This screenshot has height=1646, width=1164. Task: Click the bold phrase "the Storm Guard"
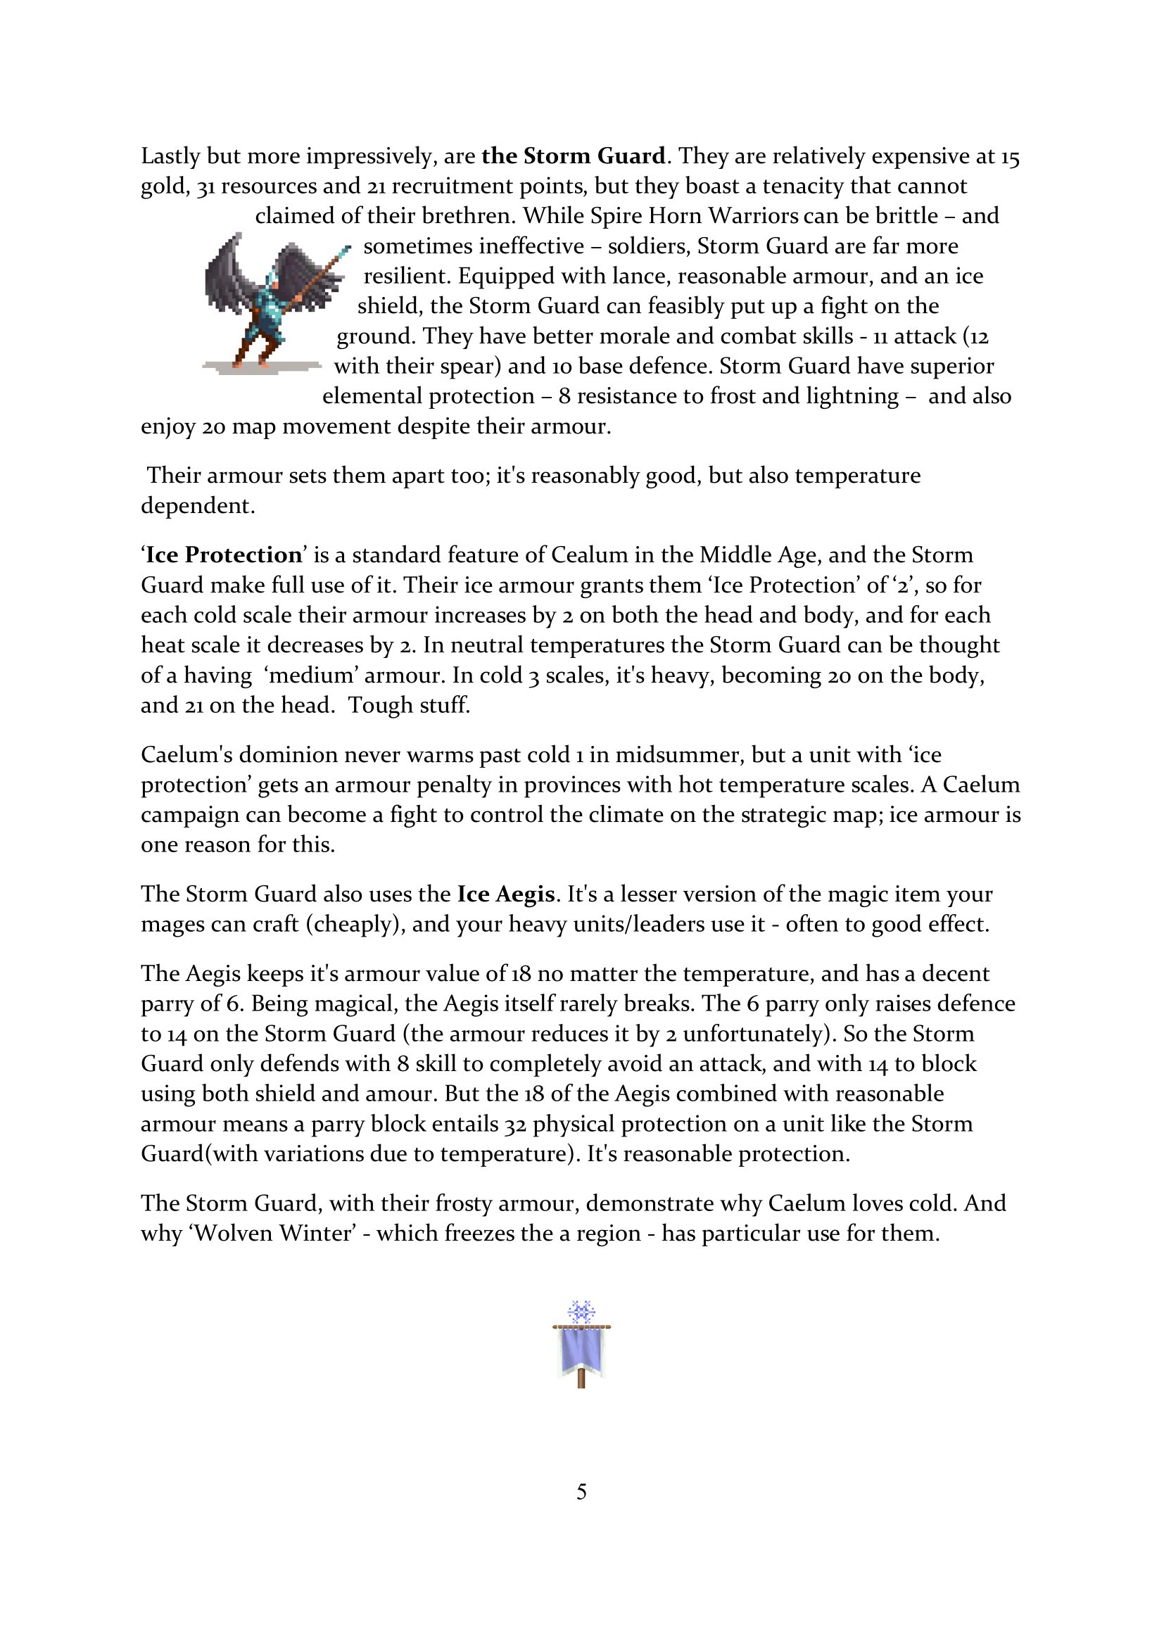point(574,156)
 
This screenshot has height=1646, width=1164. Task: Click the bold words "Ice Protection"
point(224,555)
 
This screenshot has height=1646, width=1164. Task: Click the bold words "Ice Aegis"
point(506,894)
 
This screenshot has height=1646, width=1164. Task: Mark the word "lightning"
point(852,396)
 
